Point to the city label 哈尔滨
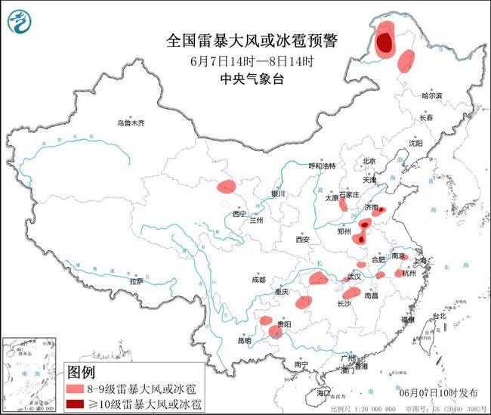(x=433, y=96)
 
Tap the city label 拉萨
(x=136, y=280)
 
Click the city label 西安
(x=302, y=240)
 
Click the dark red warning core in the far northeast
(x=384, y=42)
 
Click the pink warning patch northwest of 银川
(x=226, y=185)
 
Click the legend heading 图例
(x=82, y=373)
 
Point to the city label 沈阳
(x=416, y=143)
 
